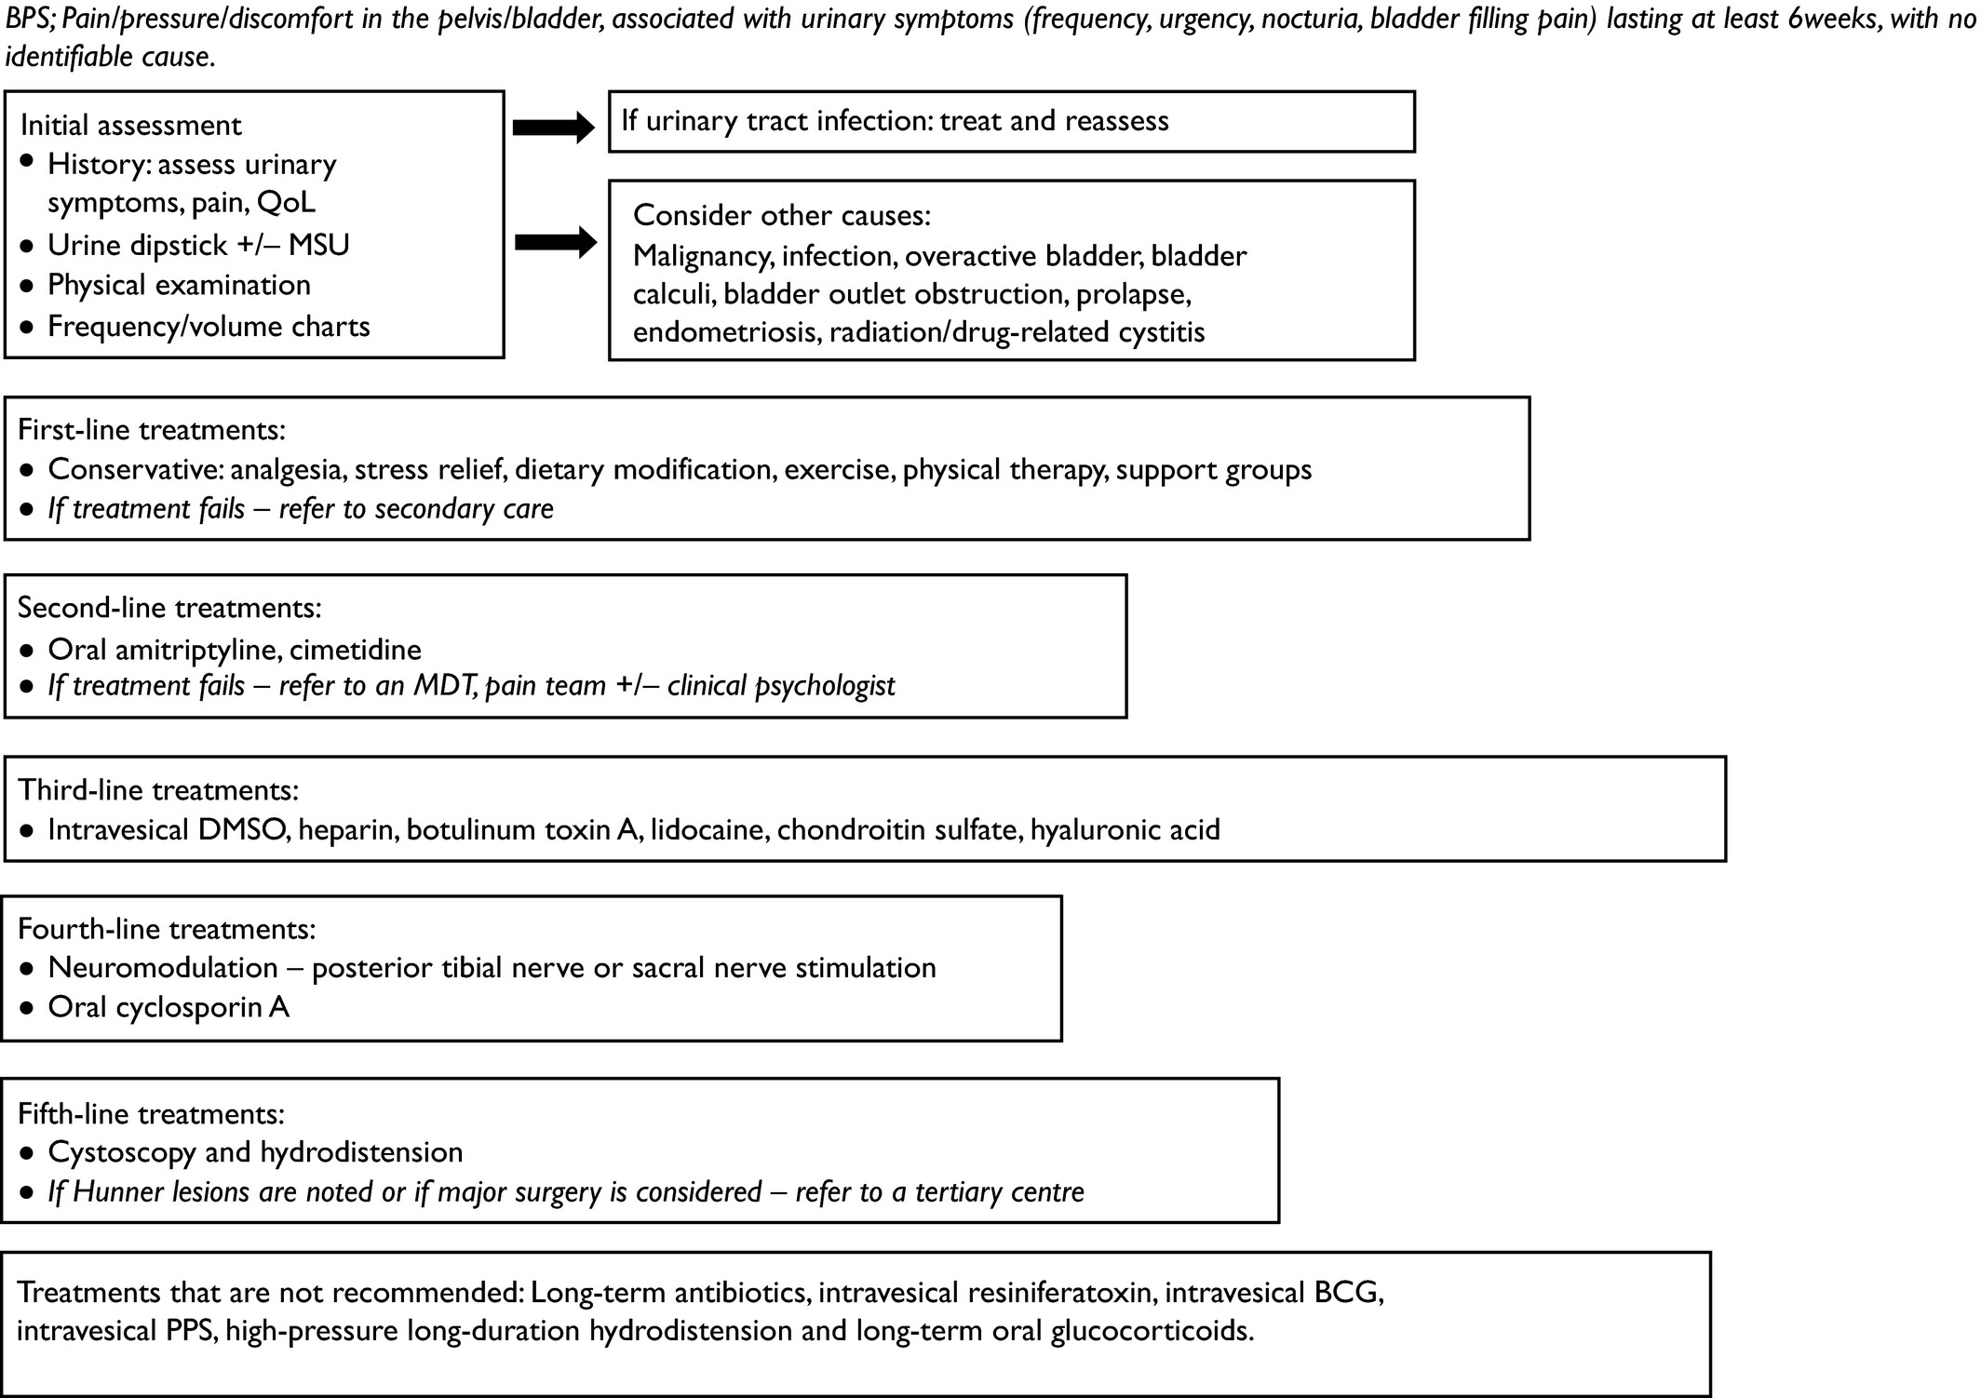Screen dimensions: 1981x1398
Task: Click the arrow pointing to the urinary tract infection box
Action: pos(553,128)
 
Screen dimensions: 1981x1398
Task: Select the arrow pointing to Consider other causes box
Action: pos(555,242)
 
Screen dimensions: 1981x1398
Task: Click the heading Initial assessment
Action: pos(130,126)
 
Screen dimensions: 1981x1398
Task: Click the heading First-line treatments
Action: pos(152,430)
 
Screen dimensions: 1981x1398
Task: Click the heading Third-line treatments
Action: pos(158,790)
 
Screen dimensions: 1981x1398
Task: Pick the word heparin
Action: pos(344,830)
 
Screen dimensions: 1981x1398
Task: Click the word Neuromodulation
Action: pos(163,968)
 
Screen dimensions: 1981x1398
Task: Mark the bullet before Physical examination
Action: pos(28,286)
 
